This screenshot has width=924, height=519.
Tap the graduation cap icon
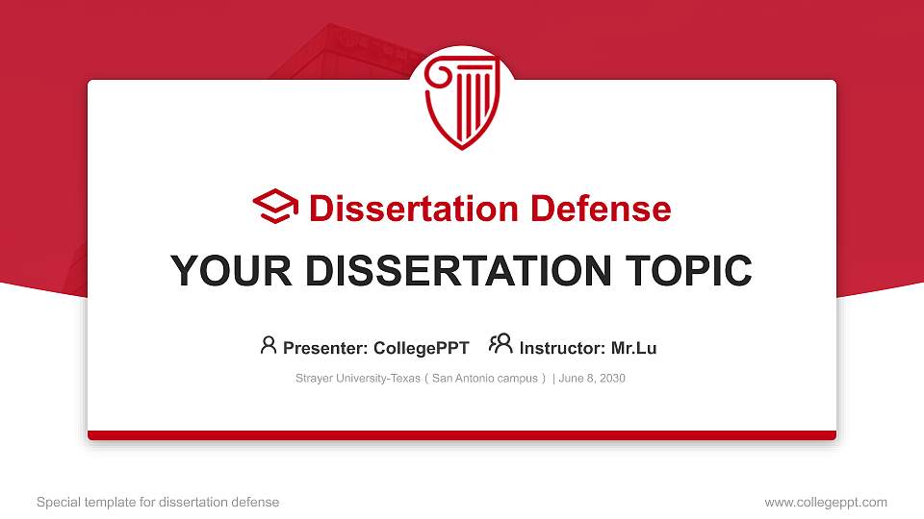(275, 208)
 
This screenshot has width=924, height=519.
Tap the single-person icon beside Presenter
(269, 345)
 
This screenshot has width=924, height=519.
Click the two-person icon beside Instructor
(500, 344)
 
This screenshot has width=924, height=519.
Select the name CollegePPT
(421, 348)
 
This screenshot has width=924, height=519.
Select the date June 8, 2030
(592, 379)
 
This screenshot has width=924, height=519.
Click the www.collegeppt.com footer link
(825, 502)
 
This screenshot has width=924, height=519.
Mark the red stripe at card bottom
(462, 435)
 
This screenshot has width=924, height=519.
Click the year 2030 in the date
(611, 379)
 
